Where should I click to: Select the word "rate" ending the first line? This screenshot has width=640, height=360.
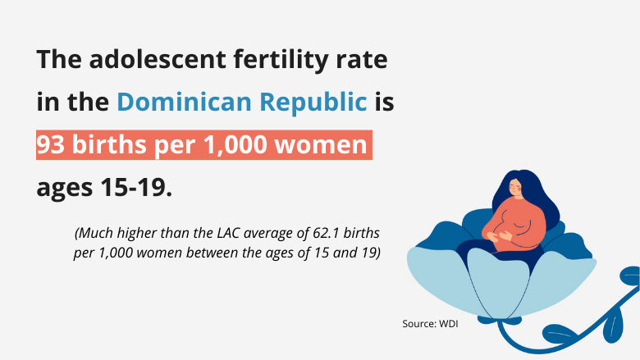click(x=359, y=60)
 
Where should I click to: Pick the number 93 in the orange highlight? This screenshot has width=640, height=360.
click(x=52, y=144)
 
